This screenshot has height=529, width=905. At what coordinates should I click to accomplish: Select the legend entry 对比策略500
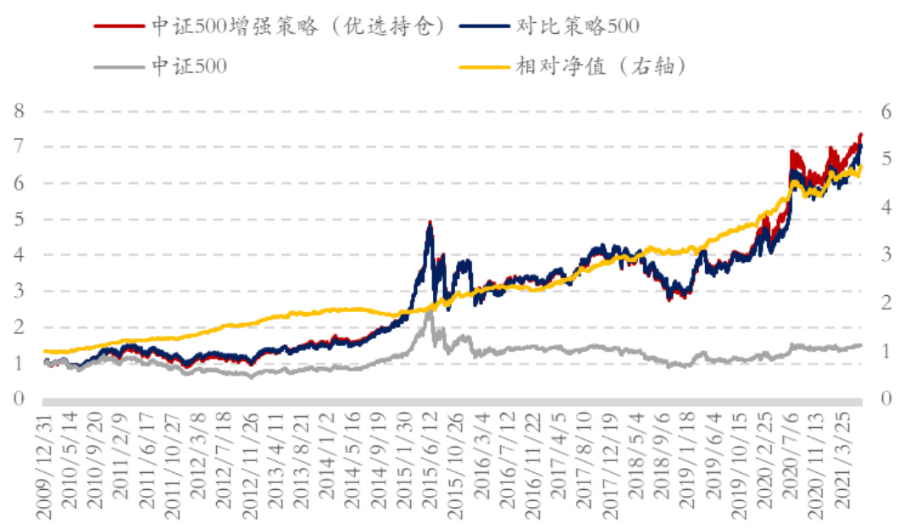575,27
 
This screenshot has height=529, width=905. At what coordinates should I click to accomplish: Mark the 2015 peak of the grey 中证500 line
430,312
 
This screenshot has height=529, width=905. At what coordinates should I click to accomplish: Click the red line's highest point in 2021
860,134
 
